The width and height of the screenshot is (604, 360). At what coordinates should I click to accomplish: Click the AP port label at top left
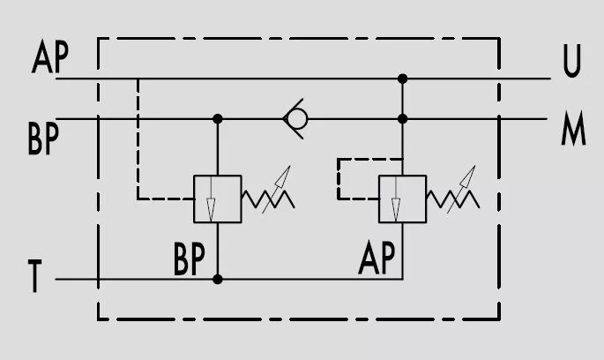pos(50,56)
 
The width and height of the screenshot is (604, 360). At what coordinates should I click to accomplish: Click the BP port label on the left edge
pos(43,138)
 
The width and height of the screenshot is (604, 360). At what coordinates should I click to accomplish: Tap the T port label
pos(34,275)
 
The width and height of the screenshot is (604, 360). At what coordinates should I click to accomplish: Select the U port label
pos(571,61)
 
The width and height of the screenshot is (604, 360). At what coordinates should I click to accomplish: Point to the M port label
pos(573,128)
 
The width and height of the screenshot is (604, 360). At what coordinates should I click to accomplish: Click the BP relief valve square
pos(218,199)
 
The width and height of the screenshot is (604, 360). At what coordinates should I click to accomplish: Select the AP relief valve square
pos(403,199)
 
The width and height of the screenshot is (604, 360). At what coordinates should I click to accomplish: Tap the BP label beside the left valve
pos(189,259)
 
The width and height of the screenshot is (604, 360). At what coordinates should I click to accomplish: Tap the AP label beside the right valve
pos(377,258)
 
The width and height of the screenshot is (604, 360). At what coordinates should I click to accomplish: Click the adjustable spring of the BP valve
pos(268,199)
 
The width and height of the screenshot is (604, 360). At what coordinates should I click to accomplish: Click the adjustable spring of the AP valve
pos(453,199)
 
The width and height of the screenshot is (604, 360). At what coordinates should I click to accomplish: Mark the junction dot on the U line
pos(403,79)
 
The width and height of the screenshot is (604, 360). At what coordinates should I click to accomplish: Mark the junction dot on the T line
pos(218,279)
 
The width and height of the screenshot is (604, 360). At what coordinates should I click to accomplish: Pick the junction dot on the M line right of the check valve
pos(403,119)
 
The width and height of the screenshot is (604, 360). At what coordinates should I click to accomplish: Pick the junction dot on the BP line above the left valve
pos(218,119)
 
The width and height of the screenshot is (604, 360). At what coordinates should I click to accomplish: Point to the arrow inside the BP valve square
pos(211,199)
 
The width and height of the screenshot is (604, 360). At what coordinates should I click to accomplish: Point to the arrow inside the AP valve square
pos(396,199)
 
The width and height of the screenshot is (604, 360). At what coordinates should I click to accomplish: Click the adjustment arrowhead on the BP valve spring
pos(284,176)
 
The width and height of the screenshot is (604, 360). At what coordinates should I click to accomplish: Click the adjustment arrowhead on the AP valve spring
pos(469,176)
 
